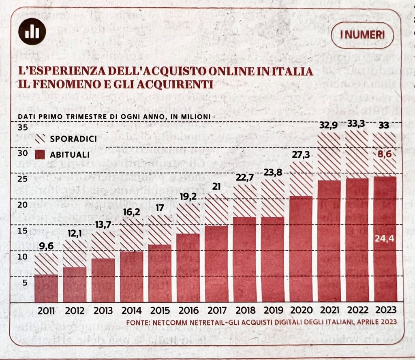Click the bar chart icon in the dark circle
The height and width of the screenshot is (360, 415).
32,32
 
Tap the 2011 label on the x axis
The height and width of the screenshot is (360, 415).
46,311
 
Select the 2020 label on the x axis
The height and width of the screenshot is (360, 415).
301,311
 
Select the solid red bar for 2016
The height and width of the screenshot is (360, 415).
188,268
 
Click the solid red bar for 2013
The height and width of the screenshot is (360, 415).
103,280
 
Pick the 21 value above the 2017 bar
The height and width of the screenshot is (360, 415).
216,186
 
